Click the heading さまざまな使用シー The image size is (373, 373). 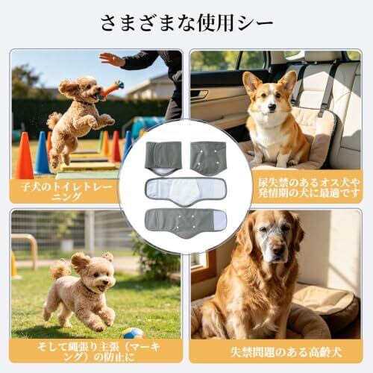coord(186,24)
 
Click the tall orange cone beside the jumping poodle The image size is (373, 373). coord(25,156)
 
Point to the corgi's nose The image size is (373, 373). coord(273,107)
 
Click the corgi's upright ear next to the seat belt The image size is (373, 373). coord(289,81)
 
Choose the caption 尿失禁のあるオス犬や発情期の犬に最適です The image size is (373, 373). coord(309,187)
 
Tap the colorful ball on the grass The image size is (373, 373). coord(134,333)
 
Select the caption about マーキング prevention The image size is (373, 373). coord(98,352)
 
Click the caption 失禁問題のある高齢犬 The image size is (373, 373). coord(286,352)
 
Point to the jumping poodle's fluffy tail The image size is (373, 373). coord(54,120)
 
